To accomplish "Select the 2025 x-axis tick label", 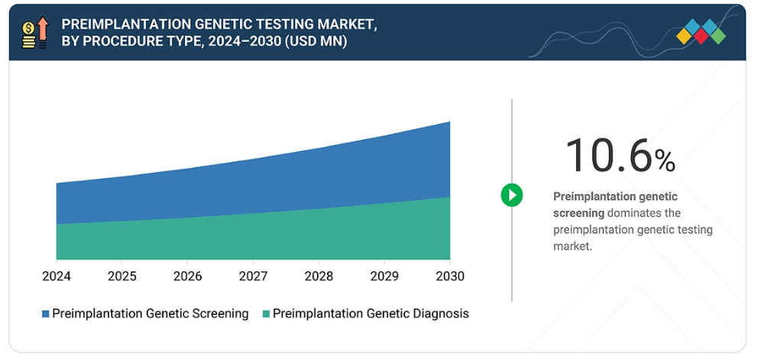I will coord(122,276).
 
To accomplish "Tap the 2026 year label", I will coord(188,276).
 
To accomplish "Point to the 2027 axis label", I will coord(253,276).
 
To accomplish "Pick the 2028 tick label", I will coord(319,276).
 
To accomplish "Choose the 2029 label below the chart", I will coord(384,276).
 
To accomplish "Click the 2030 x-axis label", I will coord(449,276).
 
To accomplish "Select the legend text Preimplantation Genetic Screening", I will coord(151,313).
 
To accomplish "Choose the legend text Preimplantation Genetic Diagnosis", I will coord(371,313).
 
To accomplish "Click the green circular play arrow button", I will coord(511,195).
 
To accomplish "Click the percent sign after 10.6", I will coord(664,160).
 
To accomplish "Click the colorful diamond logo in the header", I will coord(701,32).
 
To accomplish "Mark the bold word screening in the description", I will coord(578,212).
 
